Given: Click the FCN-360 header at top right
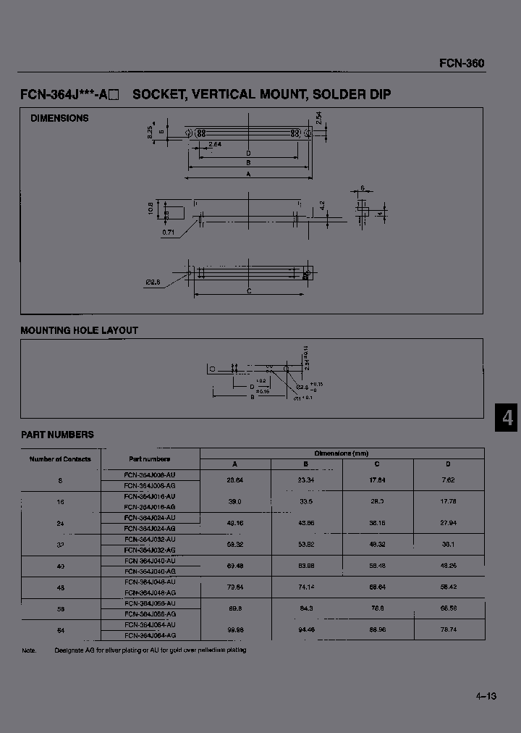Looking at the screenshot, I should (x=462, y=63).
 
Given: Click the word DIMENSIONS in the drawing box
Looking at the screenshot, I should (x=59, y=118).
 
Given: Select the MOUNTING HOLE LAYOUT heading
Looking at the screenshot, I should (x=79, y=330).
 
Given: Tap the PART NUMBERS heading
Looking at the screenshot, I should (x=57, y=435).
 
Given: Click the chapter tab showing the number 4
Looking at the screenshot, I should (x=507, y=419).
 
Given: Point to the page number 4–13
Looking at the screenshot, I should (x=486, y=696).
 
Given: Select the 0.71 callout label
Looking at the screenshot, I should (x=168, y=232).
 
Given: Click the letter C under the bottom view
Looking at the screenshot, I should (x=249, y=291).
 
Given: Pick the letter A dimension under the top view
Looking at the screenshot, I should (x=249, y=175).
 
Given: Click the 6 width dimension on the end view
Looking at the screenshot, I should (x=362, y=188).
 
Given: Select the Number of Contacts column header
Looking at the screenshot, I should (x=60, y=459).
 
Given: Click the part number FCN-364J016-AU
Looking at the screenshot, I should (x=150, y=496).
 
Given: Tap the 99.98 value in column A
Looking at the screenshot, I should (x=234, y=630).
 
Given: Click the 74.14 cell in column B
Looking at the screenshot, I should (x=306, y=588).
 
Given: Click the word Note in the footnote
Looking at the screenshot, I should (x=29, y=650).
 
